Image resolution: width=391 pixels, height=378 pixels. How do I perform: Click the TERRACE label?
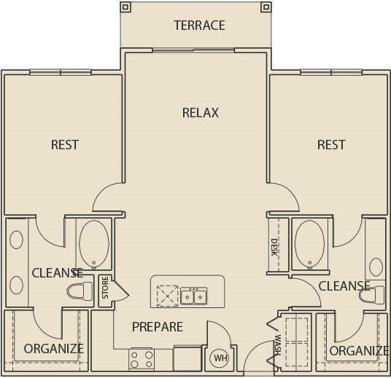(199, 25)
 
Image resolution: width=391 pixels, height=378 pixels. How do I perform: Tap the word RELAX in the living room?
(200, 113)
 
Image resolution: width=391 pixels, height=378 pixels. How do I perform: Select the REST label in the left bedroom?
(64, 144)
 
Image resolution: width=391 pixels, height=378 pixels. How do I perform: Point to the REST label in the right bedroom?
(330, 144)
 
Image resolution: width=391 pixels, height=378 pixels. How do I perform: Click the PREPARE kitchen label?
(157, 326)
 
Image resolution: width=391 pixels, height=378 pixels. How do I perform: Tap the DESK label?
(274, 247)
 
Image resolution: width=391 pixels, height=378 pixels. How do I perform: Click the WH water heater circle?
(219, 358)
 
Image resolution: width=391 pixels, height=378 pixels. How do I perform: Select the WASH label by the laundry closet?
(278, 344)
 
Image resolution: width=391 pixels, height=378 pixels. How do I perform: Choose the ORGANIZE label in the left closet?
(53, 348)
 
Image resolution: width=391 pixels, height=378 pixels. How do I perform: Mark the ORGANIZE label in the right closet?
(358, 350)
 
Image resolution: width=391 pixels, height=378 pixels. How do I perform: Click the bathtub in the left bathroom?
(93, 244)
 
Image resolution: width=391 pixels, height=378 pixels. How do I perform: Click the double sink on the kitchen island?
(193, 296)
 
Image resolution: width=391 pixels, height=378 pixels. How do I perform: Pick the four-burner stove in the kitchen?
(141, 358)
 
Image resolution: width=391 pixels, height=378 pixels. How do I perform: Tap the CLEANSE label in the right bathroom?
(344, 286)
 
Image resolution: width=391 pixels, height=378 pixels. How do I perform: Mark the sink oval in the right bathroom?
(376, 266)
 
